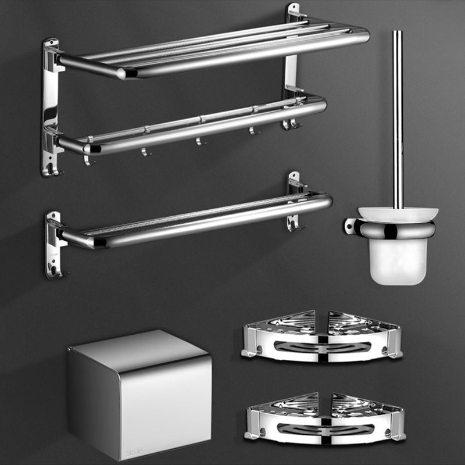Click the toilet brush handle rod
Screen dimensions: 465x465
click(x=398, y=116)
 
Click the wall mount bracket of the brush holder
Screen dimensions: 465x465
click(x=350, y=226)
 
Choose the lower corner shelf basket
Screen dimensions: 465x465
click(x=324, y=417)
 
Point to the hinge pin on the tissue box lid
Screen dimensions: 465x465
click(x=70, y=349)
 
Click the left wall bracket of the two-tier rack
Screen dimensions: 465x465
click(x=51, y=105)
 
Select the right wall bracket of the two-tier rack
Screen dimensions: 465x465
click(x=292, y=64)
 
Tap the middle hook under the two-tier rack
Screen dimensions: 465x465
click(x=199, y=141)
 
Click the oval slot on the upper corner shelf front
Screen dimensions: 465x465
click(x=321, y=347)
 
